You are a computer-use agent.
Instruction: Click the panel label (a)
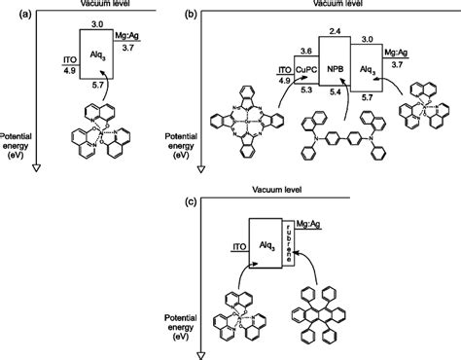tap(9, 8)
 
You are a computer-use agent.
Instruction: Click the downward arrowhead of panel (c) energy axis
tap(199, 354)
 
